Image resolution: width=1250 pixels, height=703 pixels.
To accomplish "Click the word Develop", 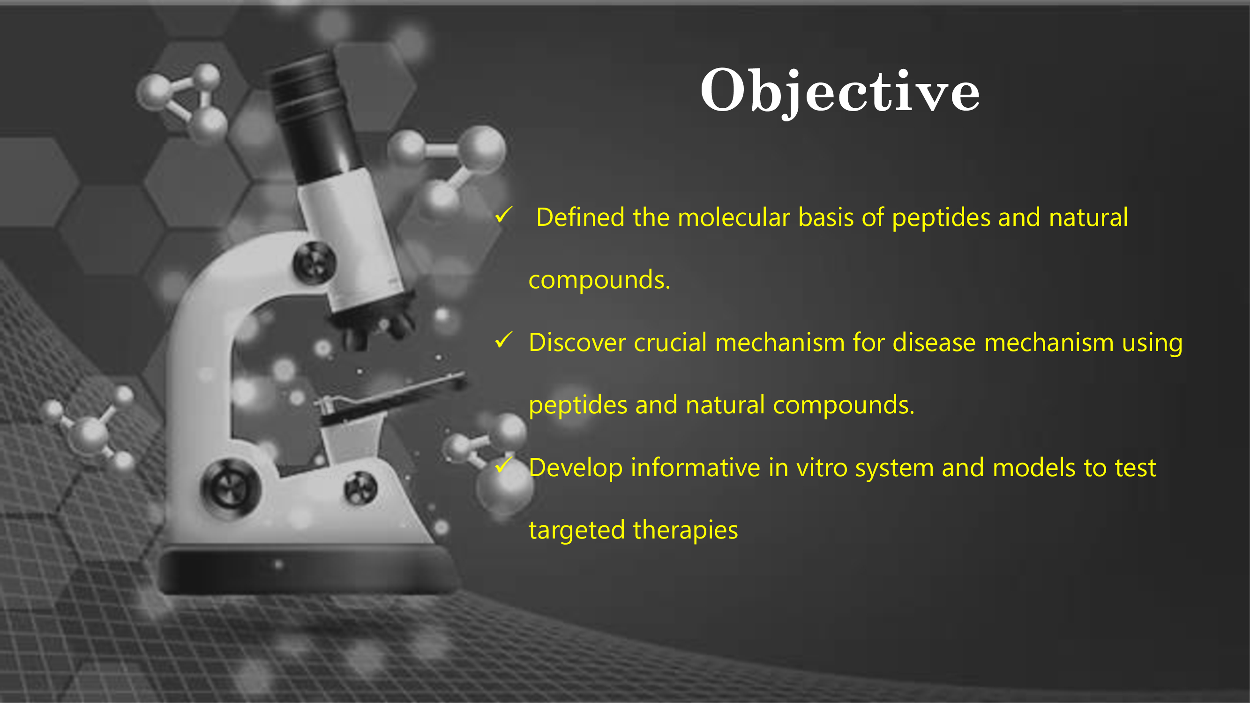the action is [x=576, y=469].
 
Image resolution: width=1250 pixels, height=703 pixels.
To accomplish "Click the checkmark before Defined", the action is [x=504, y=215].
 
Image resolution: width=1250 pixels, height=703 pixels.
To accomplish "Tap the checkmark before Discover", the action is [x=504, y=340].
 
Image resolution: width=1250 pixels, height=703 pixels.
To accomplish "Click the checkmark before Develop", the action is [x=504, y=465].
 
